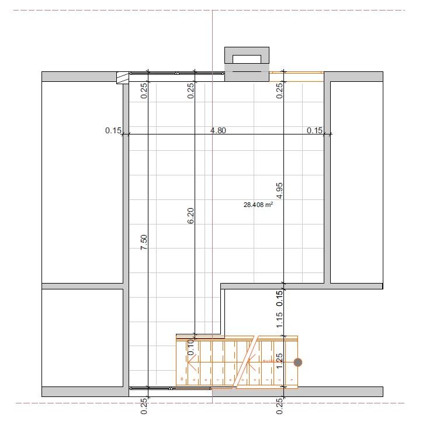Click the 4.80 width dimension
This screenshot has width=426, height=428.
pos(218,130)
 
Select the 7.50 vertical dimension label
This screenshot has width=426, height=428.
pos(144,243)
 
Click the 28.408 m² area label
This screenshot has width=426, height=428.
pos(258,205)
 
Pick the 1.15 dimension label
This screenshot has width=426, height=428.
pos(279,319)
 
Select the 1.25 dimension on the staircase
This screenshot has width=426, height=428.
pos(279,360)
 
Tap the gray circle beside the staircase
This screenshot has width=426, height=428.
pos(298,363)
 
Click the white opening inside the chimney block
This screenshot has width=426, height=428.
pos(247,58)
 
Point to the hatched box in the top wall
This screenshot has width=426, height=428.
pos(122,77)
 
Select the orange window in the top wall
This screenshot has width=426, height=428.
pos(303,73)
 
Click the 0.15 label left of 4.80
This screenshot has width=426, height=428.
pos(113,130)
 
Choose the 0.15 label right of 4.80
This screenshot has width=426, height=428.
pos(314,130)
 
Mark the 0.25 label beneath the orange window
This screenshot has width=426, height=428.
pos(279,89)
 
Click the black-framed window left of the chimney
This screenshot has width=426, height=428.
pos(177,73)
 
